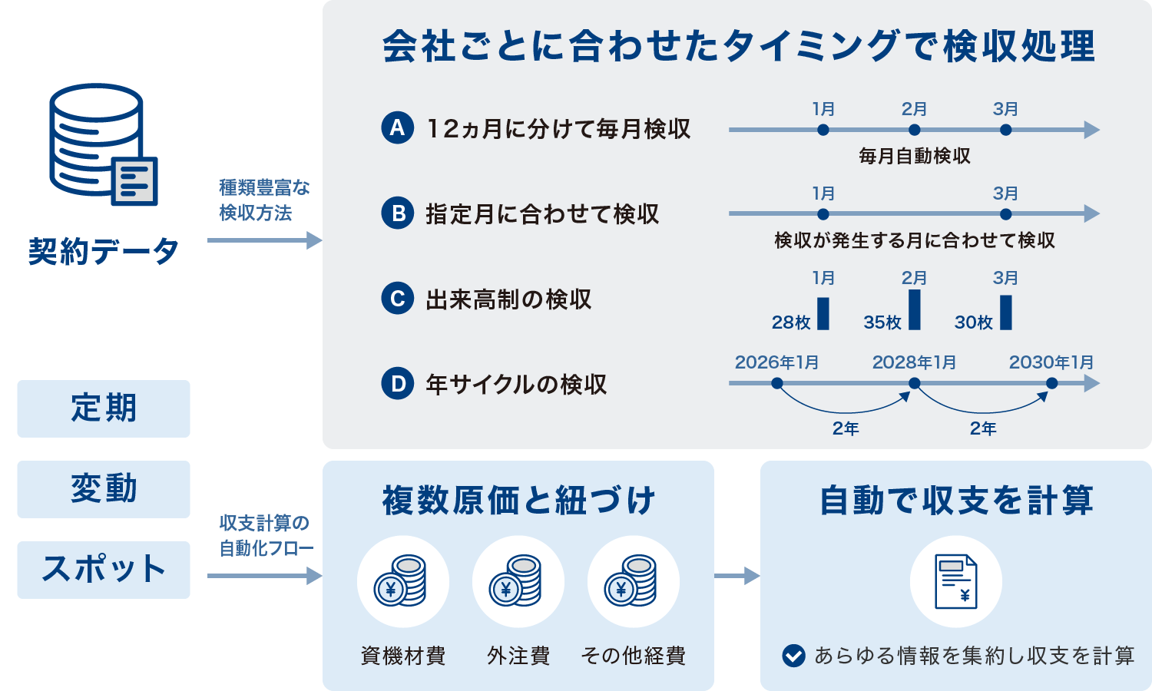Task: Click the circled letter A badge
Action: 397,128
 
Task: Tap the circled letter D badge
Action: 397,383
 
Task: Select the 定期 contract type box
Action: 104,408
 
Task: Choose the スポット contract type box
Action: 104,570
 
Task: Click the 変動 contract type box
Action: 104,489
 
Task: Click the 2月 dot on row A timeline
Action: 914,130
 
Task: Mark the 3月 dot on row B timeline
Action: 1005,214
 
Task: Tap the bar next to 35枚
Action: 914,309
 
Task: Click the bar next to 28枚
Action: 823,313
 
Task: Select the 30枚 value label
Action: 973,322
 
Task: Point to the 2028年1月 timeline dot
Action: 914,383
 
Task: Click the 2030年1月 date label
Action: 1051,362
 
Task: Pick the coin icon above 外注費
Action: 518,581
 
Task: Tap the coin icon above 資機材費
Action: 403,581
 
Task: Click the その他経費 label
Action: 633,656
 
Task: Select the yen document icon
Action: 955,581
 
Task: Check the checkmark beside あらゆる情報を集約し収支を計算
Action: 793,656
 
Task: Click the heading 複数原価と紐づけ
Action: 518,501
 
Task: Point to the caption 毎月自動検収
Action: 914,157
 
